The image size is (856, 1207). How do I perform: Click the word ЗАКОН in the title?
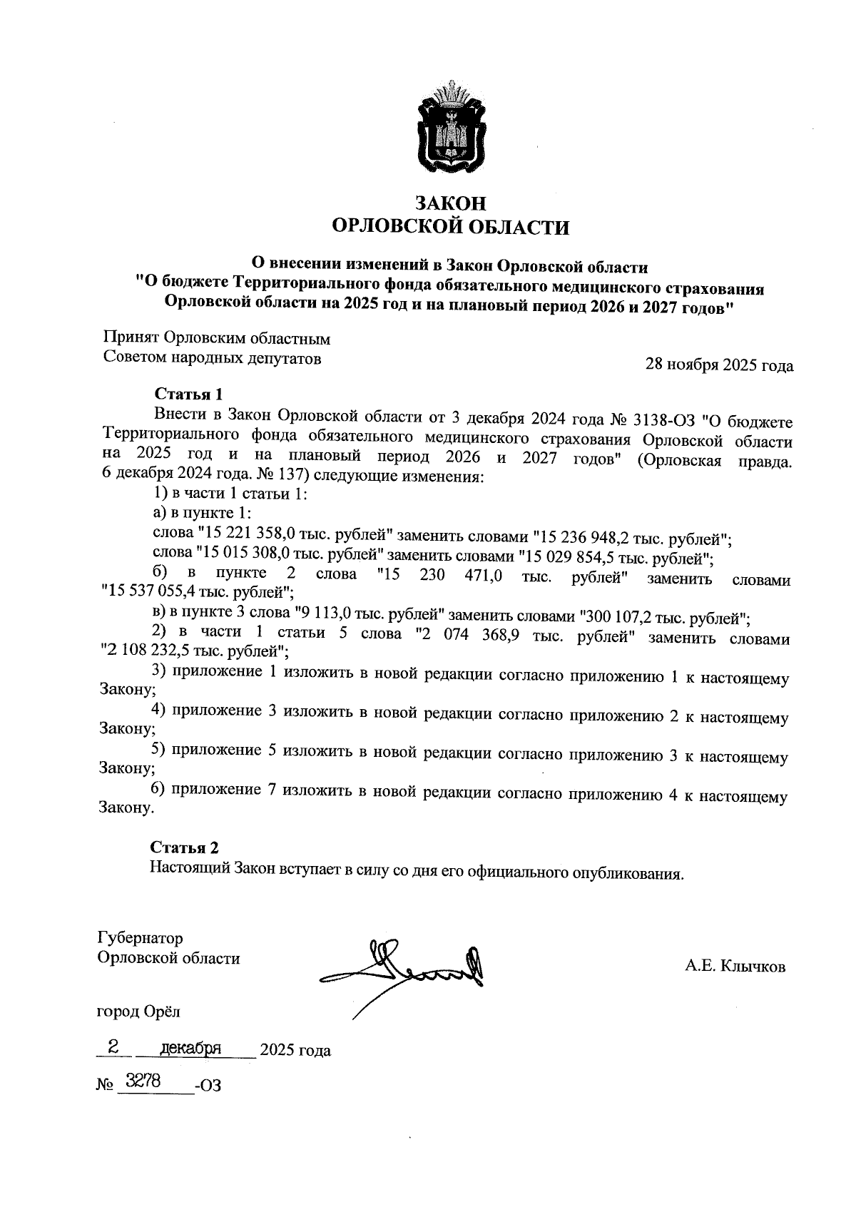coord(451,203)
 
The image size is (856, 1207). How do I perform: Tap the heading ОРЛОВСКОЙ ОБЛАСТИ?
coord(451,228)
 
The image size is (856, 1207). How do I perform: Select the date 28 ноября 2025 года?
coord(719,365)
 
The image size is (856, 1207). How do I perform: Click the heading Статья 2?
coord(184,847)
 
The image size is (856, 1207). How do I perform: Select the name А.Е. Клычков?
coord(735,967)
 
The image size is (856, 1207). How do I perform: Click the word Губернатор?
coord(140,937)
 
